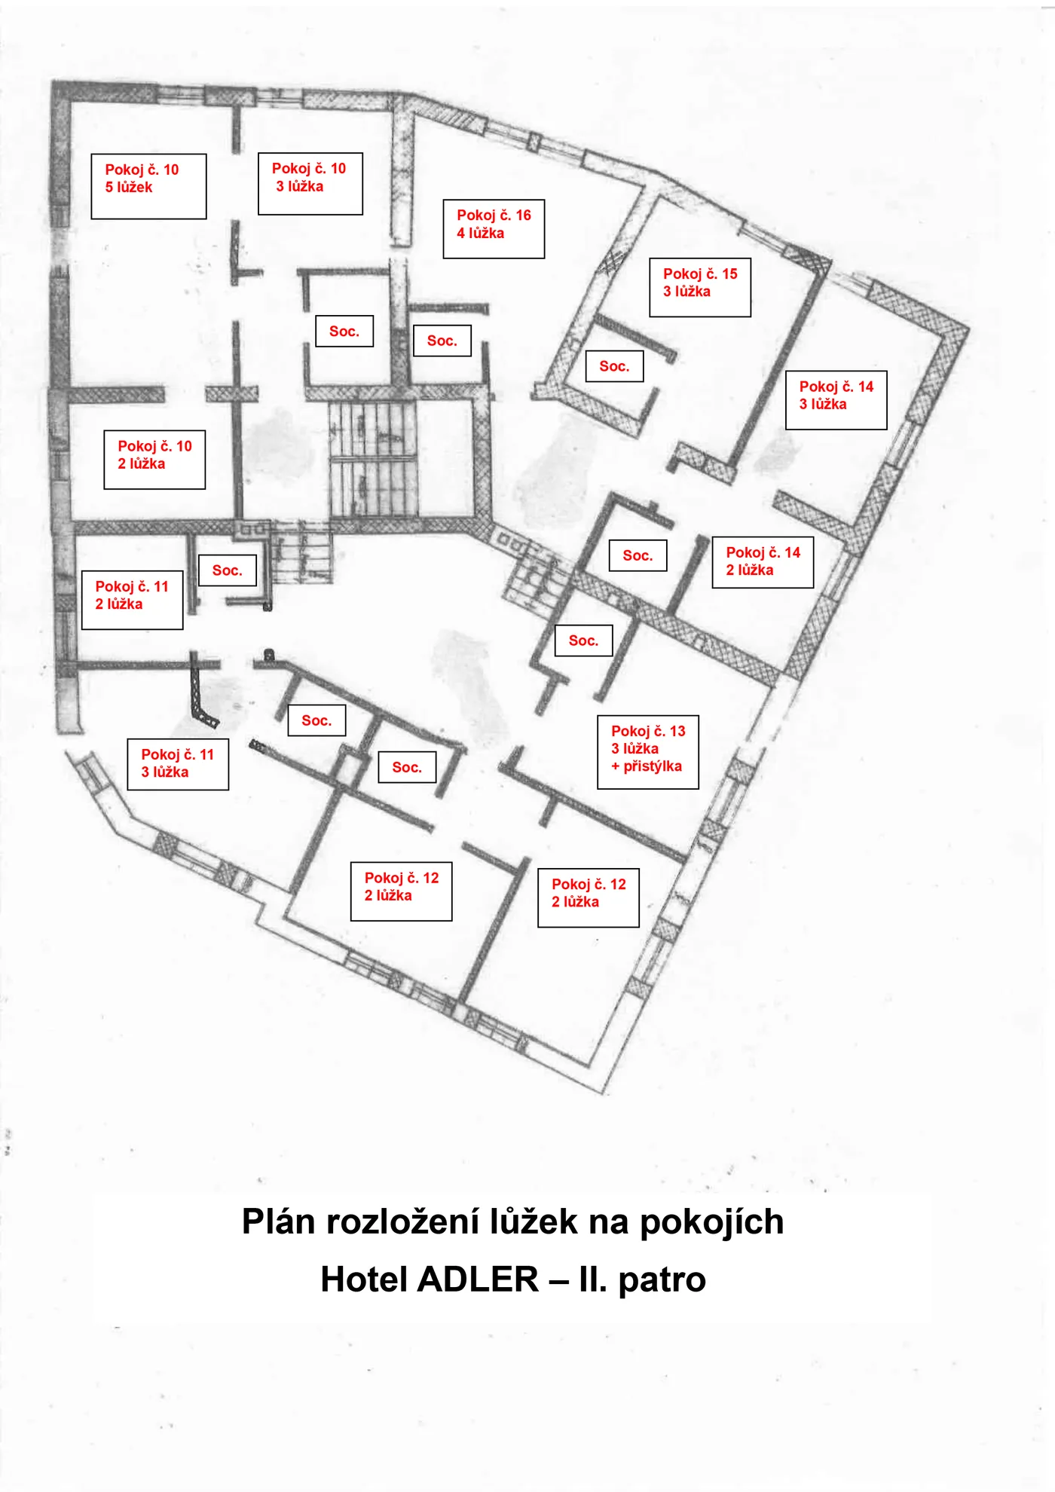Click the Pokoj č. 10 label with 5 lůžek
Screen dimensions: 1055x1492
coord(148,187)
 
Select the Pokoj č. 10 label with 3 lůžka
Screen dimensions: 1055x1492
coord(310,184)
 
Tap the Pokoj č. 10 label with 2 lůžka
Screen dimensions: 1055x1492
coord(154,460)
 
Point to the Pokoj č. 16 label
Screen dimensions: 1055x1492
coord(494,229)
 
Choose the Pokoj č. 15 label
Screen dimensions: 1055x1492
coord(700,287)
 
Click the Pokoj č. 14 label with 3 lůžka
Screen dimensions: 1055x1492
coord(836,400)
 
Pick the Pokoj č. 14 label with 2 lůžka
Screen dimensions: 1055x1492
coord(763,562)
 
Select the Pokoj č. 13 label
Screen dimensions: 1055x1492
coord(648,752)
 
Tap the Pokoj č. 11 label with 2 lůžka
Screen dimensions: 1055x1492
coord(132,600)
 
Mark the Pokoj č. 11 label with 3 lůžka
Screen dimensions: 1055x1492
coord(178,764)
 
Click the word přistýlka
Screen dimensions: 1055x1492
coord(653,766)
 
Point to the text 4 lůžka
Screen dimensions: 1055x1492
coord(480,234)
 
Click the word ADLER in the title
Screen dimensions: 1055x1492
coord(479,1280)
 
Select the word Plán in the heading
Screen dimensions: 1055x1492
coord(278,1221)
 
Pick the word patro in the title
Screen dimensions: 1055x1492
coord(662,1281)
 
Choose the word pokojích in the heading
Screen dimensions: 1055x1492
coord(711,1223)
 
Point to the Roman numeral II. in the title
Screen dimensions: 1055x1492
coord(593,1280)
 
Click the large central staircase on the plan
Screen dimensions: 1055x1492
coord(373,459)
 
